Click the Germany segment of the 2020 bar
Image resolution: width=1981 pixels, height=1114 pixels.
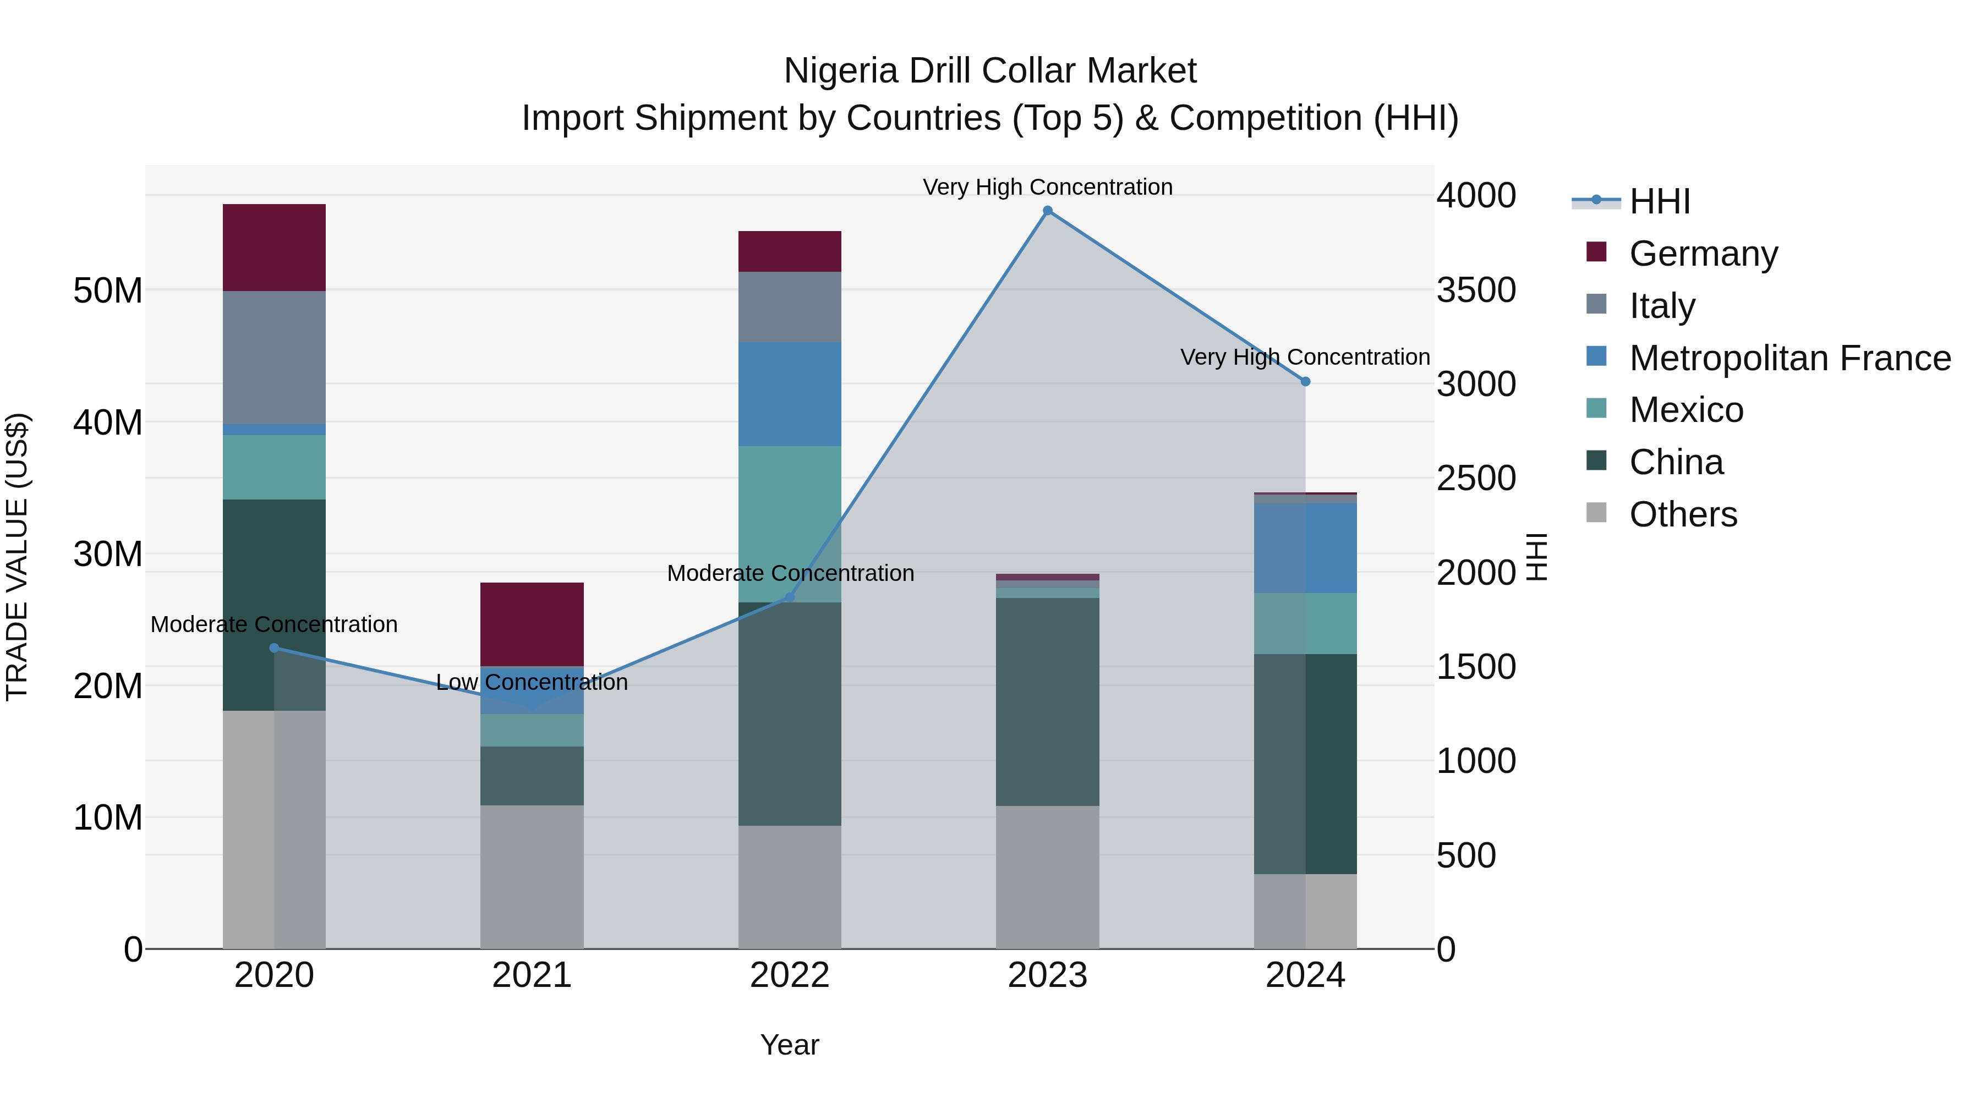tap(274, 247)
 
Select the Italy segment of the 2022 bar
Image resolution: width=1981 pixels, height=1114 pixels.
tap(789, 307)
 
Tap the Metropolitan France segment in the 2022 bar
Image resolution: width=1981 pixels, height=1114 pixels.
tap(789, 394)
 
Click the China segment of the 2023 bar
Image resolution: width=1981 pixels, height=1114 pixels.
tap(1047, 701)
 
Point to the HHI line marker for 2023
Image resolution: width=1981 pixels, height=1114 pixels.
tap(1047, 211)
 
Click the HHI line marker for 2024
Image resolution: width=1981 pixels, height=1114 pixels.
tap(1305, 381)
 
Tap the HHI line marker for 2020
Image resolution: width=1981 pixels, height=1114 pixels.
tap(274, 648)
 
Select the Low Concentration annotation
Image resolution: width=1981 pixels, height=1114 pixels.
tap(532, 682)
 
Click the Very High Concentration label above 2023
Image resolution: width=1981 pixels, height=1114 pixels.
tap(1047, 187)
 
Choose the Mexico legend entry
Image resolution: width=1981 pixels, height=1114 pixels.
tap(1686, 410)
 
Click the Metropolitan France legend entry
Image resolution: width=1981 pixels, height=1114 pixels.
tap(1789, 358)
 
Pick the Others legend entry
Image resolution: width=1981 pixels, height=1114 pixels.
tap(1683, 514)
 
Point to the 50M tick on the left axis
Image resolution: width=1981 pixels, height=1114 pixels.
tap(108, 290)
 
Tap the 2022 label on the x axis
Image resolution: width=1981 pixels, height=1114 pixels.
tap(789, 975)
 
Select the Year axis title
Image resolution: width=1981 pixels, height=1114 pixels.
tap(789, 1045)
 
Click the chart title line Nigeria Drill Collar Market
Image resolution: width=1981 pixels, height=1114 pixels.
tap(990, 71)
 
